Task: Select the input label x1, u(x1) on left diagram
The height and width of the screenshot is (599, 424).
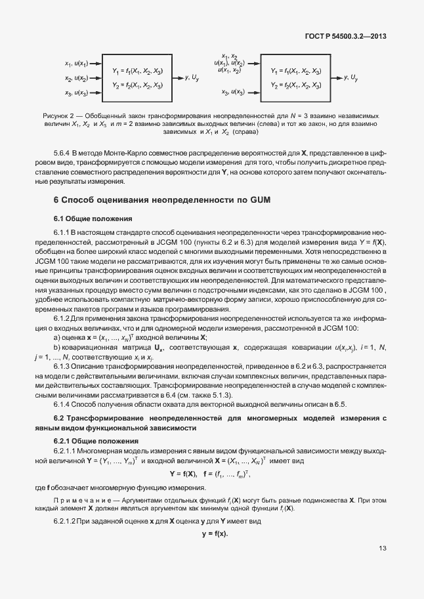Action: coord(76,64)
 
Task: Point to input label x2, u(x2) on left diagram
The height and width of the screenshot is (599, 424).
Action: coord(76,79)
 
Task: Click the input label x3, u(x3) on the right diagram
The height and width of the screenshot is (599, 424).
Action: coord(232,93)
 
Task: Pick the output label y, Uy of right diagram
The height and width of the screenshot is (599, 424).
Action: coord(351,77)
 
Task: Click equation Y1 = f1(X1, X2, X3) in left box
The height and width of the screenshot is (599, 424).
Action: coord(137,70)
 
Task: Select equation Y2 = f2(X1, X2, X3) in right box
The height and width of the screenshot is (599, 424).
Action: coord(295,85)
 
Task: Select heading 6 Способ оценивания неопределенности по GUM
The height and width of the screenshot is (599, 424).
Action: coord(161,199)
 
